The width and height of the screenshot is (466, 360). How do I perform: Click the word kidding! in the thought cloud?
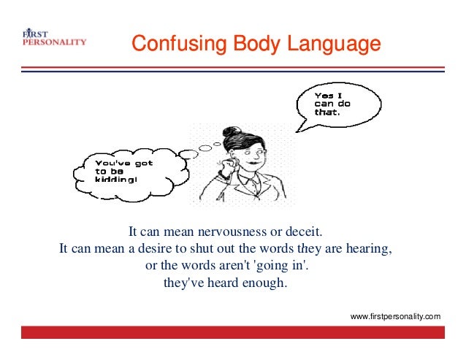coord(113,180)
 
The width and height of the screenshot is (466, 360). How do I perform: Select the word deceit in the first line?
coord(305,233)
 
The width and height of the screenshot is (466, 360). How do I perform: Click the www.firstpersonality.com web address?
coord(395,316)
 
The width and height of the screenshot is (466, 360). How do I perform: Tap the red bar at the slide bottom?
coord(232,332)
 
